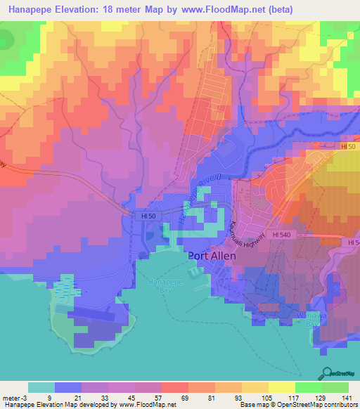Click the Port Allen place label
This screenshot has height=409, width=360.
pyautogui.click(x=215, y=256)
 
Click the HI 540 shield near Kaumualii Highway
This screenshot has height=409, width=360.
pyautogui.click(x=281, y=234)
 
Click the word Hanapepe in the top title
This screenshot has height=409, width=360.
pyautogui.click(x=31, y=10)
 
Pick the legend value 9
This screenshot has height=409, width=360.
pyautogui.click(x=41, y=398)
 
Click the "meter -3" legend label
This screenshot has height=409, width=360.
pyautogui.click(x=14, y=398)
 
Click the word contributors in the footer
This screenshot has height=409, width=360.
pyautogui.click(x=337, y=405)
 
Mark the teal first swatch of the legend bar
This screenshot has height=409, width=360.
pyautogui.click(x=41, y=387)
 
